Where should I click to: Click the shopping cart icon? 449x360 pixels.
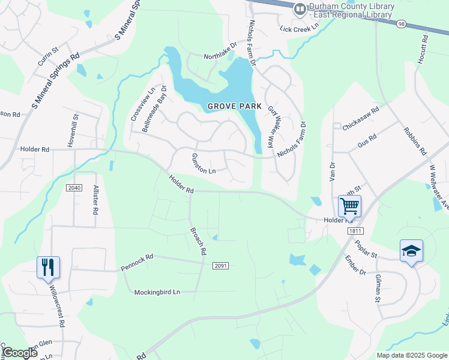point(349,206)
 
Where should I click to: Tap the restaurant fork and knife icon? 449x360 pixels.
point(48,267)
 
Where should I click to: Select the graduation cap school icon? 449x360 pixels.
point(411,251)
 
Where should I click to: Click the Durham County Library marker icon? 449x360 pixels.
point(300,10)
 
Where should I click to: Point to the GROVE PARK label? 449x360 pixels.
point(234,106)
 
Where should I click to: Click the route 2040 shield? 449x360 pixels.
point(74,188)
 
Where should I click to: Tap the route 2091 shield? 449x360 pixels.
point(220,265)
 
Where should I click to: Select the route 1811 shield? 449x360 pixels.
point(356,230)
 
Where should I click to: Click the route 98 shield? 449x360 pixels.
point(401,23)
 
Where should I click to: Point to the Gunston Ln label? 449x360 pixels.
point(203,163)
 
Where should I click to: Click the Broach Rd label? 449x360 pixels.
point(198,241)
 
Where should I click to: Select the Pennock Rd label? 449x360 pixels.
point(137,259)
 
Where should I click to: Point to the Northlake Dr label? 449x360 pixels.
point(220,55)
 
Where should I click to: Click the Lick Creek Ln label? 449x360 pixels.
point(297,29)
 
